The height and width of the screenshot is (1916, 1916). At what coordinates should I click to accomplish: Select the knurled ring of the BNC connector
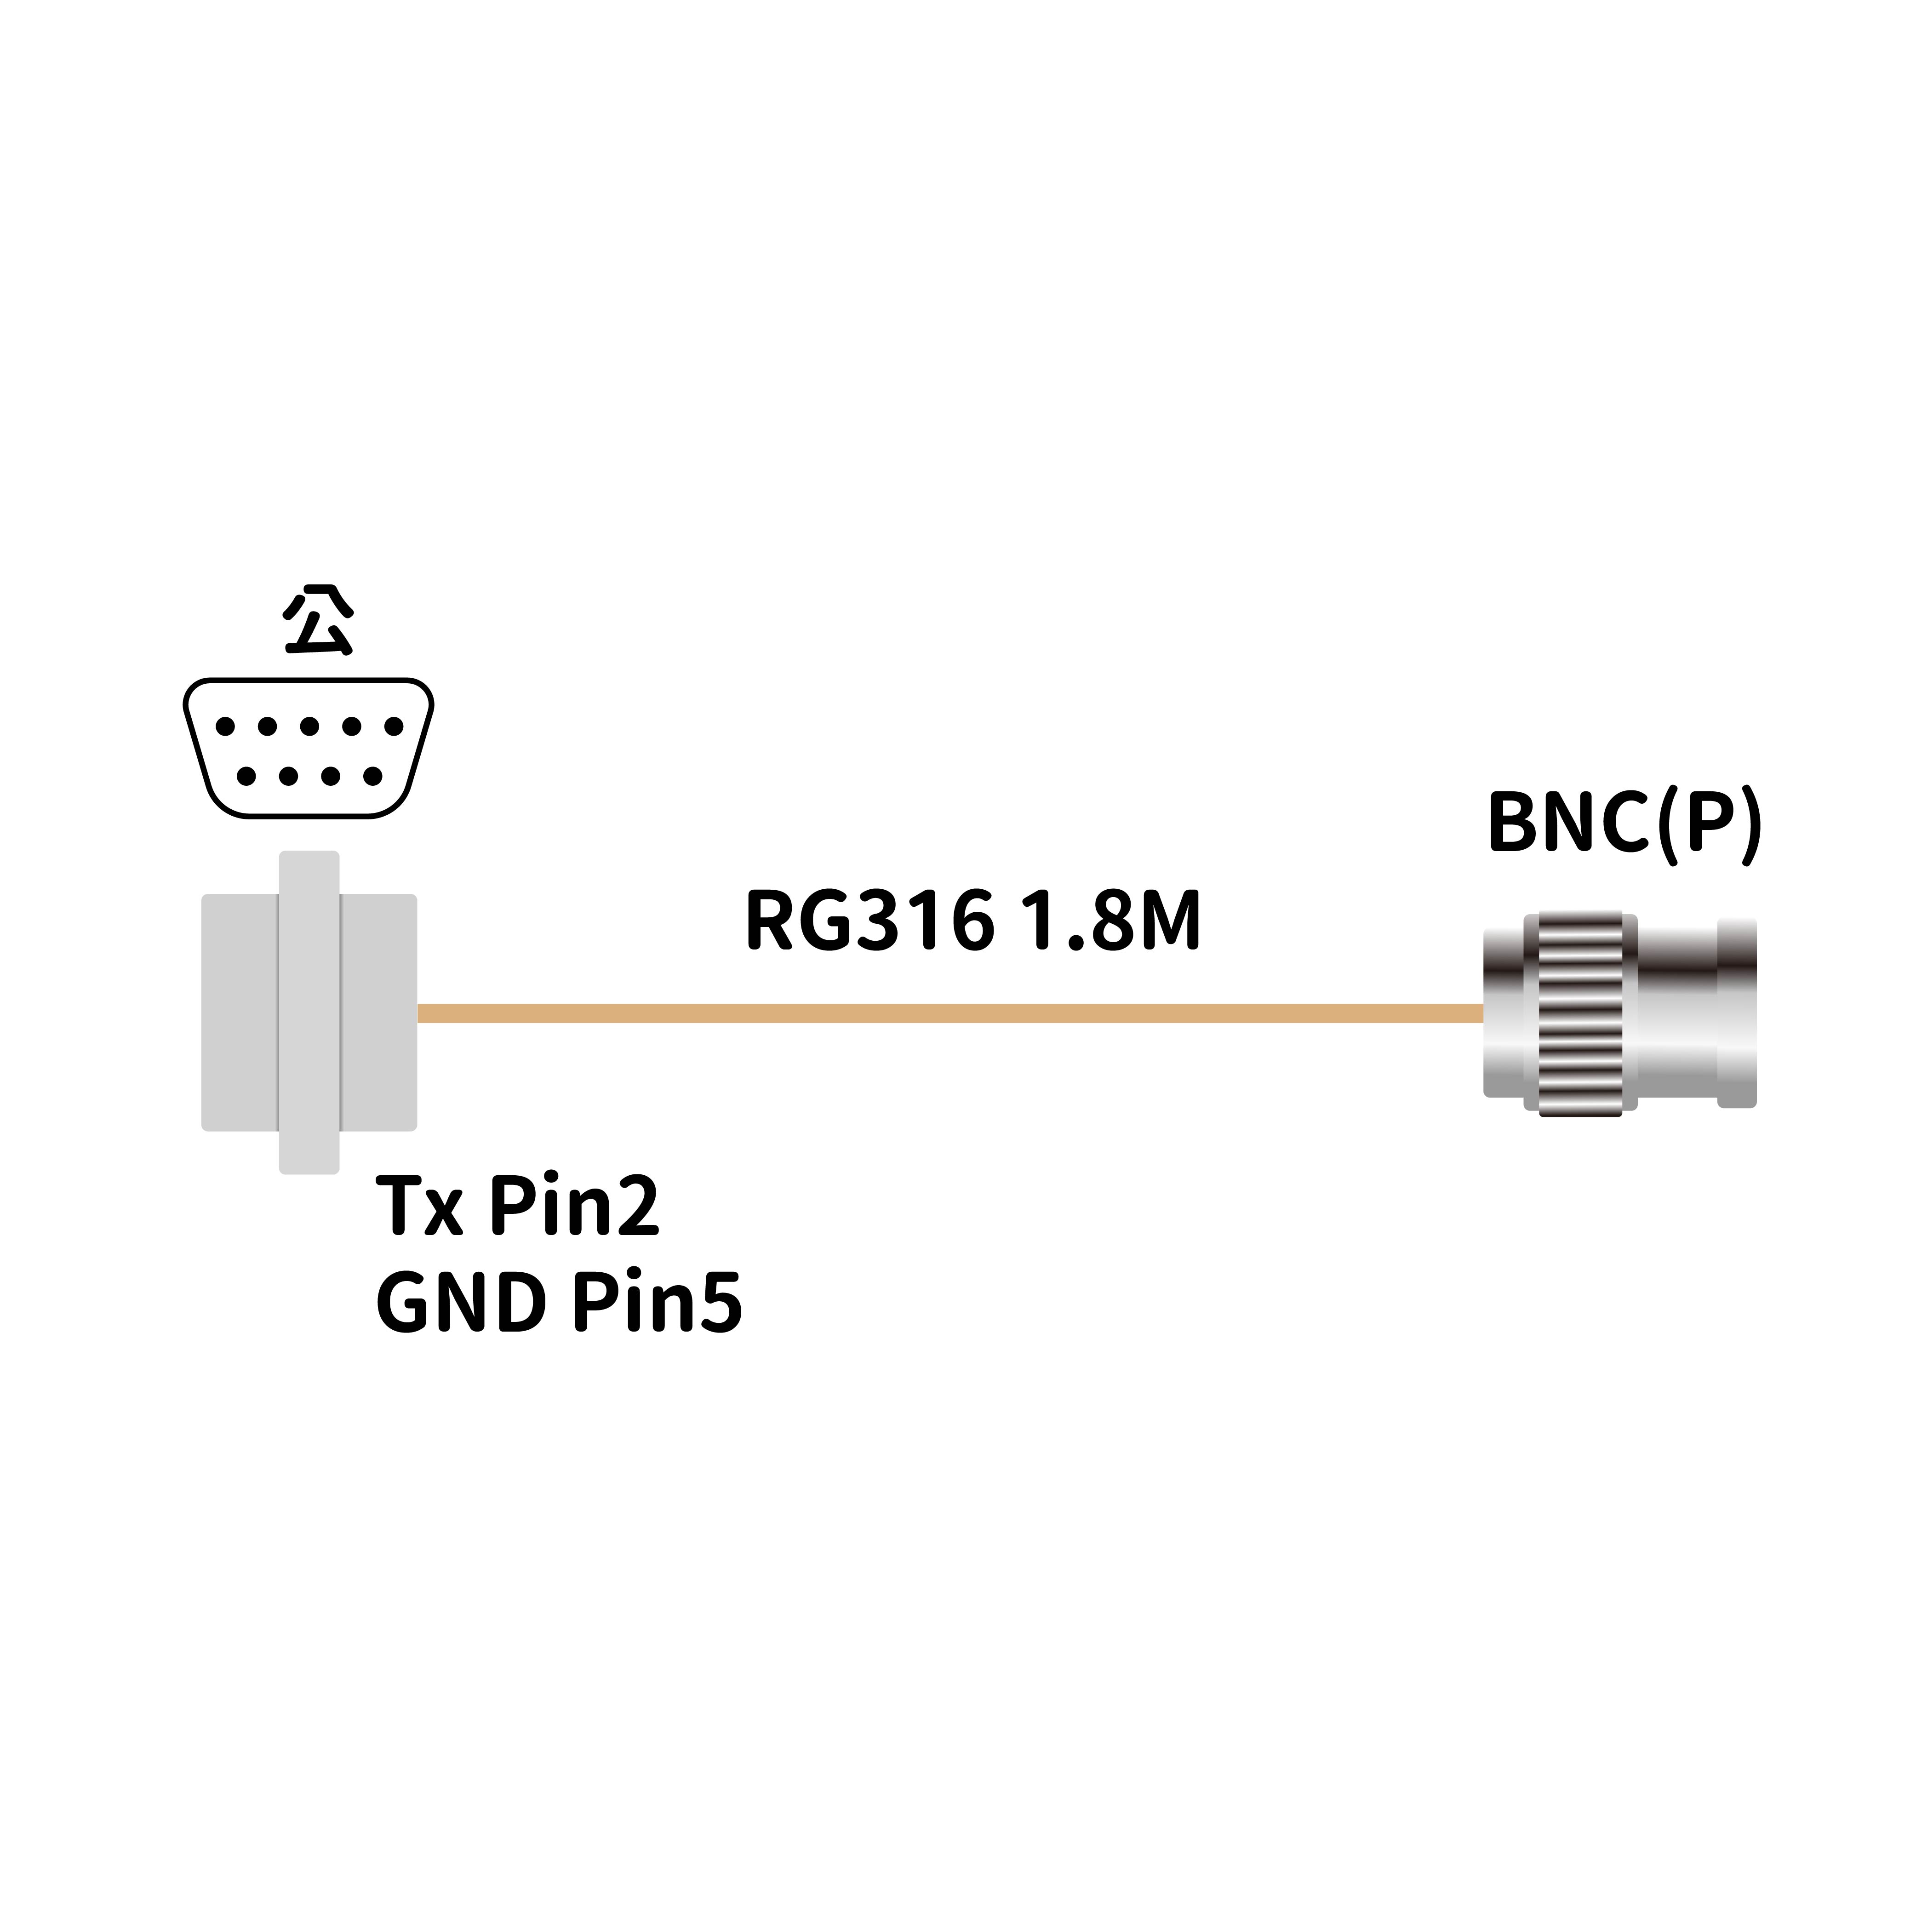[1580, 1013]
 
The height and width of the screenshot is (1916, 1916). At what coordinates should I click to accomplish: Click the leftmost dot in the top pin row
[225, 727]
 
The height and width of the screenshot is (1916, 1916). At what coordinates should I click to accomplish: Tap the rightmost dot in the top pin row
[394, 727]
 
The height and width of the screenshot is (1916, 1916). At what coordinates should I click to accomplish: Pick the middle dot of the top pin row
[309, 727]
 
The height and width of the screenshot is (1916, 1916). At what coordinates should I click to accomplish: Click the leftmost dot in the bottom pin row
[246, 777]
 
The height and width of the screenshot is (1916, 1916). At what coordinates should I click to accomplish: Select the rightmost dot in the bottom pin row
[373, 777]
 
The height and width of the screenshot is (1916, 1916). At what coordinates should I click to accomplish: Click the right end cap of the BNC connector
[1737, 1013]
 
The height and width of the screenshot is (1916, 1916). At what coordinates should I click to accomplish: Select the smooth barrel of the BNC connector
[1676, 1013]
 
